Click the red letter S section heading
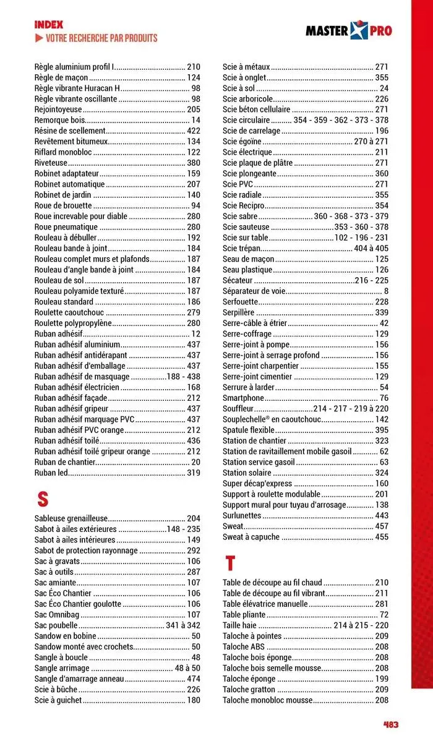pos(42,499)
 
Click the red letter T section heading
pos(230,563)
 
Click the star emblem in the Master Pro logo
pos(359,30)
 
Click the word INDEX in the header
pos(49,25)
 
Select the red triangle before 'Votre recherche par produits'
pos(39,38)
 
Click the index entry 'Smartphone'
pos(243,398)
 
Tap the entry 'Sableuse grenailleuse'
pos(71,518)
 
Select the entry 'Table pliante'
pos(244,615)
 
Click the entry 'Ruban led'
pos(51,473)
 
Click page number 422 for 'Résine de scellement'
pos(194,131)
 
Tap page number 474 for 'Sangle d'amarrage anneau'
pos(194,678)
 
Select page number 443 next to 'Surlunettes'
pos(382,515)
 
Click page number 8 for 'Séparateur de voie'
pos(386,291)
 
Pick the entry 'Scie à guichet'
pos(58,700)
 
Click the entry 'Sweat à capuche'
pos(251,537)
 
